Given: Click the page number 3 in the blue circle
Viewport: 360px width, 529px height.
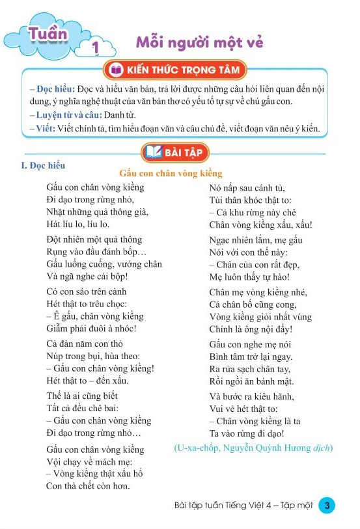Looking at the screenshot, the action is pos(327,505).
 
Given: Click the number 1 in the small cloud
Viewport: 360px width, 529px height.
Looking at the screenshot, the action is pos(96,47).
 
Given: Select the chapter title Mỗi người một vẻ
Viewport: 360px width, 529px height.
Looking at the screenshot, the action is pos(199,42).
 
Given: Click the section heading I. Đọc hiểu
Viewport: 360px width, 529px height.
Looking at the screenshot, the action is pos(44,166).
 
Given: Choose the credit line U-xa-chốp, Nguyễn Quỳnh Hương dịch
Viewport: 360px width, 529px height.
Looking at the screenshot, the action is pos(253,448).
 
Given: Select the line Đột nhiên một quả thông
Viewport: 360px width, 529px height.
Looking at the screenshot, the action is pos(94,239).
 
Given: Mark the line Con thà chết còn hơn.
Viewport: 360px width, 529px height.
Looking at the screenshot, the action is pos(88,485).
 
